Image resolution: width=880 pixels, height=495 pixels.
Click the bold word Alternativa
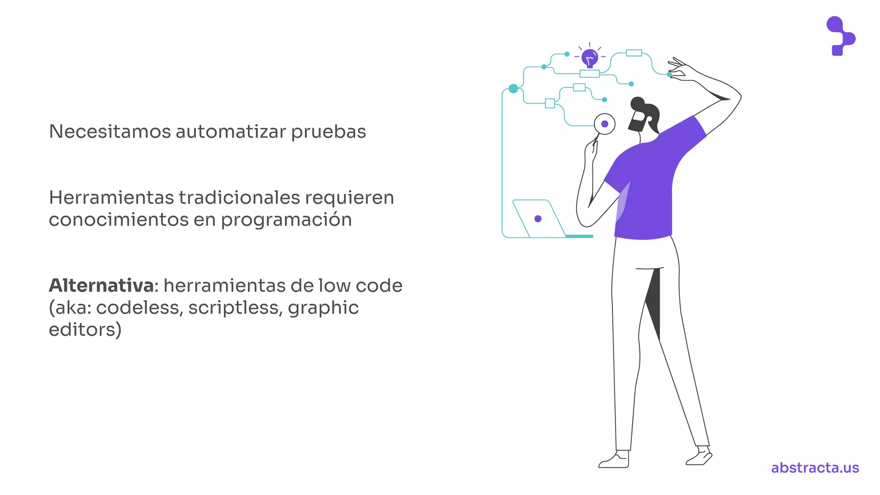(x=101, y=286)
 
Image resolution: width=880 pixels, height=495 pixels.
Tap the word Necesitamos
(x=110, y=131)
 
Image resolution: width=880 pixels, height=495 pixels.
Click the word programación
(x=286, y=220)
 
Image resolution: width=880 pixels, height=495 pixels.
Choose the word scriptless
(x=235, y=308)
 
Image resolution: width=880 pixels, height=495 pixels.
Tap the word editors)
(x=85, y=330)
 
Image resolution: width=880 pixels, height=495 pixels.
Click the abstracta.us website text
(x=815, y=467)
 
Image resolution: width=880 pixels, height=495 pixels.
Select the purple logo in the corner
(x=840, y=36)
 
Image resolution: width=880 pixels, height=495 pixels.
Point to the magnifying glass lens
(x=605, y=124)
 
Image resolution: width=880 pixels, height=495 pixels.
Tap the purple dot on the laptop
(x=538, y=219)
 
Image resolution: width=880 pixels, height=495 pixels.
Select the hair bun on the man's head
(x=637, y=103)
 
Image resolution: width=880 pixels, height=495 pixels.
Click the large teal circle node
(x=513, y=89)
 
